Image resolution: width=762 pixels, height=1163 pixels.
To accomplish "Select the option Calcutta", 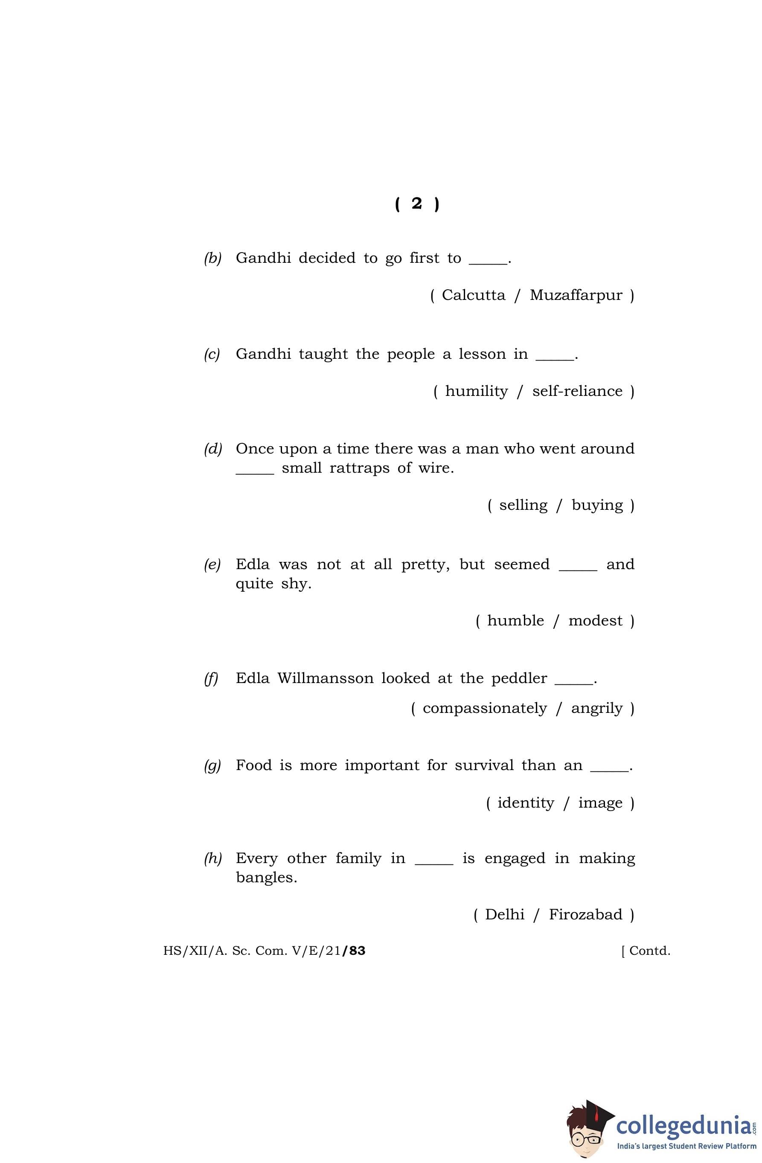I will click(473, 295).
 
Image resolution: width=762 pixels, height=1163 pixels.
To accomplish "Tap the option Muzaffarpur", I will click(576, 295).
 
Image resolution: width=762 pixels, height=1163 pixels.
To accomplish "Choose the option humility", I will click(476, 391).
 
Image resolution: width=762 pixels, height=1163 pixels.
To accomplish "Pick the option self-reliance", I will click(577, 391).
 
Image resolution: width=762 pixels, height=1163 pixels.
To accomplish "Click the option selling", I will click(523, 505).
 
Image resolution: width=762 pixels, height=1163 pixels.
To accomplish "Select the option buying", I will click(597, 505).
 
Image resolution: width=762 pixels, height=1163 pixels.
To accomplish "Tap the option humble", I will click(515, 621).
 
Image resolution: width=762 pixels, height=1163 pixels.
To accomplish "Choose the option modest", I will click(595, 621).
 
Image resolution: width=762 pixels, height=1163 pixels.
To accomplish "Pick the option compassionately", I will click(484, 708).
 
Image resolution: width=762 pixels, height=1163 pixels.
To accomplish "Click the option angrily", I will click(596, 708).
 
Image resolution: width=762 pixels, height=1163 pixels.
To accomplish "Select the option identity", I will click(526, 802).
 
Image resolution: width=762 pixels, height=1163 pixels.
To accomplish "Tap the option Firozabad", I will click(585, 914).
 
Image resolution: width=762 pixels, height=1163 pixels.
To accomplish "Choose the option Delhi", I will click(504, 914).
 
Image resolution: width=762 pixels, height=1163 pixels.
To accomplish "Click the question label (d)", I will click(212, 448).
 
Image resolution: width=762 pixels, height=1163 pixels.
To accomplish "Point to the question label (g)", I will click(212, 765).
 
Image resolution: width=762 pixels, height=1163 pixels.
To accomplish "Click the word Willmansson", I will click(325, 678).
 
